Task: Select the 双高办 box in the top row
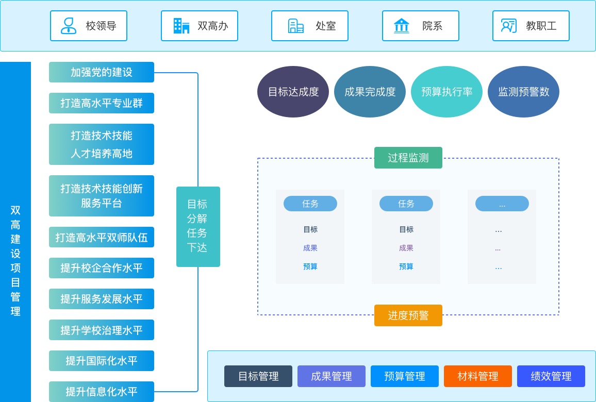pyautogui.click(x=200, y=26)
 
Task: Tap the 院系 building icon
pyautogui.click(x=401, y=26)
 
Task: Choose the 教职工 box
pyautogui.click(x=531, y=26)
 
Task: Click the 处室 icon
pyautogui.click(x=296, y=26)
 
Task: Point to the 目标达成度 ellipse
pyautogui.click(x=293, y=92)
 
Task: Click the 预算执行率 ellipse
pyautogui.click(x=446, y=92)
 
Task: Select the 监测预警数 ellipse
pyautogui.click(x=523, y=92)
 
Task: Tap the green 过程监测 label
pyautogui.click(x=408, y=158)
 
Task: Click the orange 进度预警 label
pyautogui.click(x=408, y=315)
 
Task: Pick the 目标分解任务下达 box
pyautogui.click(x=198, y=227)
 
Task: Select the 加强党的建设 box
pyautogui.click(x=102, y=72)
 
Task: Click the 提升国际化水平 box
pyautogui.click(x=102, y=361)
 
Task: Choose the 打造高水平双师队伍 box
pyautogui.click(x=102, y=237)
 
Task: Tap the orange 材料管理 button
pyautogui.click(x=477, y=376)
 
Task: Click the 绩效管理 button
pyautogui.click(x=551, y=376)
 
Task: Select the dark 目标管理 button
pyautogui.click(x=258, y=376)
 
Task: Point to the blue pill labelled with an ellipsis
pyautogui.click(x=502, y=204)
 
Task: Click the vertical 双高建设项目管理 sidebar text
pyautogui.click(x=15, y=260)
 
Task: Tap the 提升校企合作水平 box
pyautogui.click(x=102, y=268)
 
